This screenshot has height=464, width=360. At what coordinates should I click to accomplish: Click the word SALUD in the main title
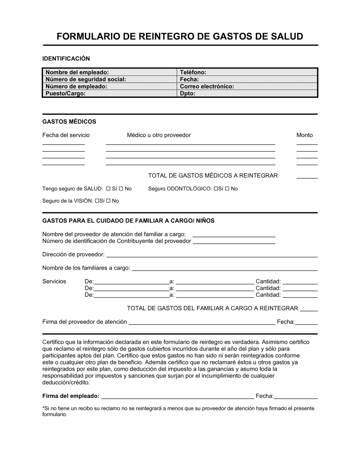tap(287, 36)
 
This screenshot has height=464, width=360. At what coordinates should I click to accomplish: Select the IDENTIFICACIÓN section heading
tap(66, 59)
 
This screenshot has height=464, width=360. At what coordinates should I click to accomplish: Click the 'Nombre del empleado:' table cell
tap(109, 72)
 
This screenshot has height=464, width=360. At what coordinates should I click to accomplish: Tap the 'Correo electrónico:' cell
tap(247, 86)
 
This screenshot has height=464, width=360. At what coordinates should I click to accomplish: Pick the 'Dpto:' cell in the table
tap(247, 94)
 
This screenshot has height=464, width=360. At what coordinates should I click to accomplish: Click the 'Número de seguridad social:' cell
tap(109, 79)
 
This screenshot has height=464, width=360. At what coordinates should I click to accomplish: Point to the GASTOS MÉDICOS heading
tap(69, 122)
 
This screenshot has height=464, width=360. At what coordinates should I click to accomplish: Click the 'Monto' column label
tap(305, 135)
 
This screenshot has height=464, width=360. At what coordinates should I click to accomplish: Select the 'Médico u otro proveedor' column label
tap(159, 135)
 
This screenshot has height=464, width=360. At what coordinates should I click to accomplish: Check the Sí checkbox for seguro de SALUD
tap(108, 189)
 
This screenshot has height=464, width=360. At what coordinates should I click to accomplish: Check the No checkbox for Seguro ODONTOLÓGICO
tap(227, 189)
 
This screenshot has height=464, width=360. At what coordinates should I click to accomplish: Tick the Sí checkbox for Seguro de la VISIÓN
tap(98, 201)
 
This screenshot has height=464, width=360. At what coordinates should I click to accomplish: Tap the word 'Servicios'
tap(54, 281)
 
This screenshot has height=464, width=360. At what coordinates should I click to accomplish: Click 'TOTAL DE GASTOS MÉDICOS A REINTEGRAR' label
tap(213, 176)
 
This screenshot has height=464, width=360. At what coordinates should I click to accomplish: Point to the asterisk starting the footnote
tap(44, 408)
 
